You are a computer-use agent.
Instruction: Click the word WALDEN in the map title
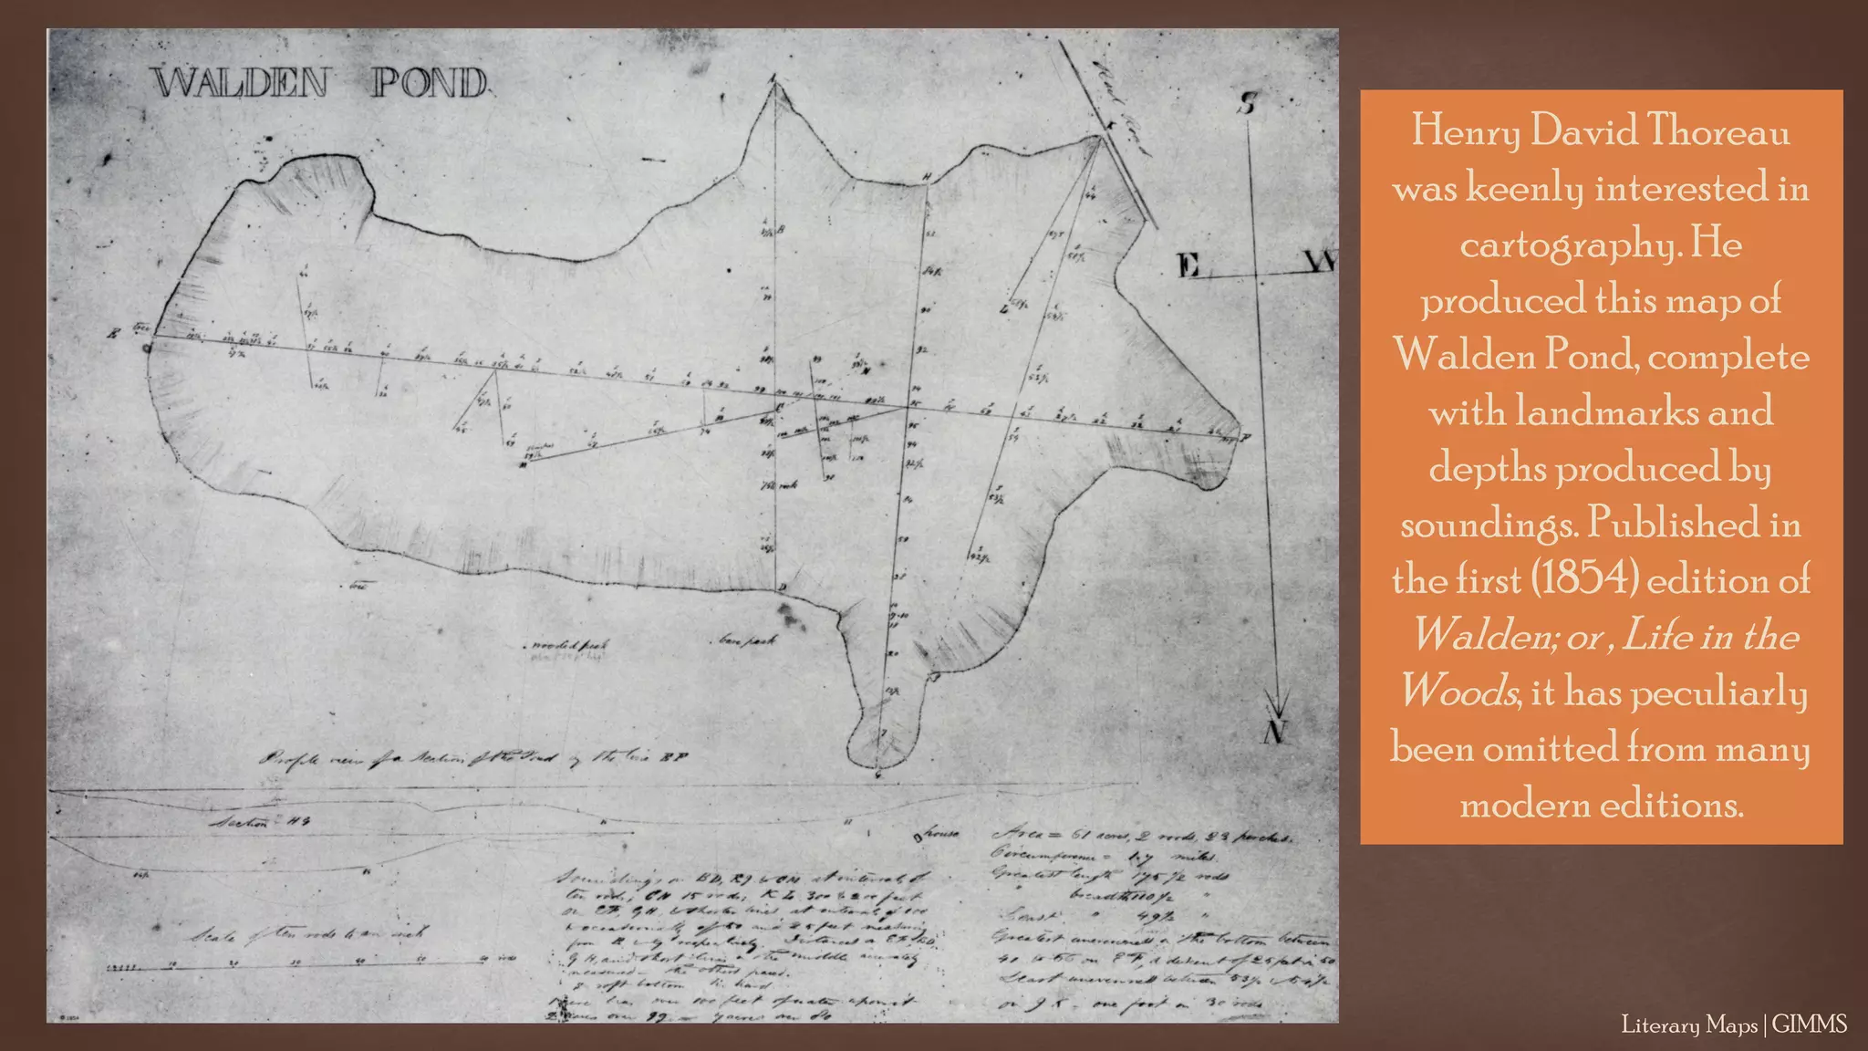point(240,83)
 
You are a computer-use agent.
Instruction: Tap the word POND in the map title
point(430,83)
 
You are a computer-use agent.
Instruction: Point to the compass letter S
point(1247,104)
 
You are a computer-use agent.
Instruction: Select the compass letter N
point(1275,731)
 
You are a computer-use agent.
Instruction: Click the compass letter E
point(1188,265)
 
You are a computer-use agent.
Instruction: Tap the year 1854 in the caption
point(1583,579)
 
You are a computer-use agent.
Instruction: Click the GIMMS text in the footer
point(1810,1025)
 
